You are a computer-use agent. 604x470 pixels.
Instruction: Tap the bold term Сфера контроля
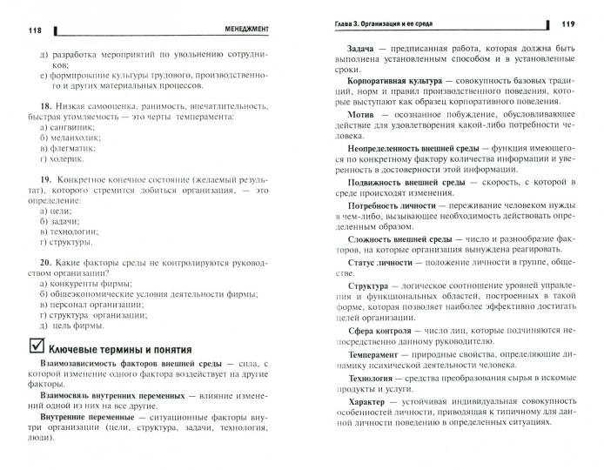(381, 332)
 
